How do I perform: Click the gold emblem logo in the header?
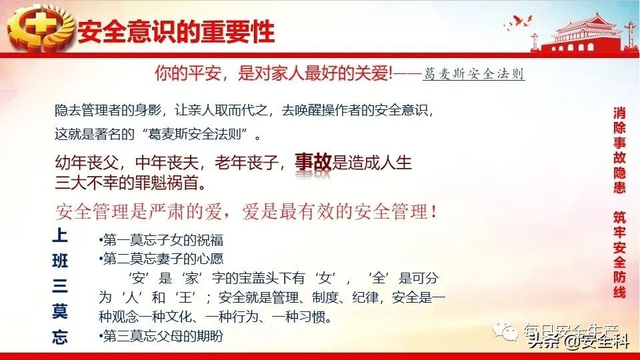click(x=40, y=29)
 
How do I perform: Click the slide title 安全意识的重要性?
click(x=176, y=32)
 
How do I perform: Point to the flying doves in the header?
click(x=519, y=22)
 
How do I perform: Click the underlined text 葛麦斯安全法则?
click(x=474, y=74)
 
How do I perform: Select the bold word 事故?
click(x=313, y=162)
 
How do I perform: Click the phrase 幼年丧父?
click(x=87, y=163)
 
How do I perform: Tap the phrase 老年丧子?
click(x=247, y=163)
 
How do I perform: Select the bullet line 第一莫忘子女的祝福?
click(x=161, y=240)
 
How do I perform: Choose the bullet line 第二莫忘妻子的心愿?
click(x=161, y=259)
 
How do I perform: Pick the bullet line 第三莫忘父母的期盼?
click(x=161, y=336)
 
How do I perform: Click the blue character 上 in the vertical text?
click(x=60, y=235)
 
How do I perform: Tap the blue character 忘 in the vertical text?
click(x=60, y=337)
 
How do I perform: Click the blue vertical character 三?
click(x=60, y=286)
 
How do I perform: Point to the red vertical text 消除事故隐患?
click(x=619, y=150)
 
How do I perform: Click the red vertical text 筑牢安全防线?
click(x=619, y=255)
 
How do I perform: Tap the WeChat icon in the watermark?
click(x=505, y=331)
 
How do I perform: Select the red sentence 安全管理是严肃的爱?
click(x=139, y=211)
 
